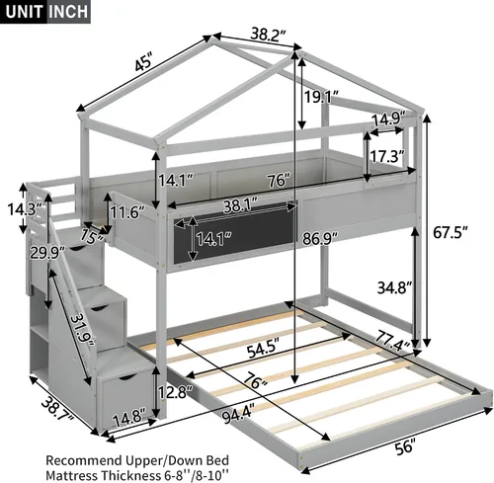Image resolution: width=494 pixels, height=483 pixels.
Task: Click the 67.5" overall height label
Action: (x=451, y=233)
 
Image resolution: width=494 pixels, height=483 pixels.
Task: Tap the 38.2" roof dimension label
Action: (x=267, y=34)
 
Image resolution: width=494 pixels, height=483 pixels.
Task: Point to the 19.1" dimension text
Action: (x=321, y=97)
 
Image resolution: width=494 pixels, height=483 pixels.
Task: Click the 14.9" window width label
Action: (x=388, y=119)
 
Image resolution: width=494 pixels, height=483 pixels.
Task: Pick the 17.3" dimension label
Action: (x=387, y=156)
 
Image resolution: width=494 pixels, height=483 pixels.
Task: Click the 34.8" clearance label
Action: (x=395, y=287)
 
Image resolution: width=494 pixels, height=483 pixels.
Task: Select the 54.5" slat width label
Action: (x=264, y=350)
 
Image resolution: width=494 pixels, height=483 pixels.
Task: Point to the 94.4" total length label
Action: (x=239, y=416)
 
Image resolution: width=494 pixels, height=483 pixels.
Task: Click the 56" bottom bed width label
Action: (x=404, y=446)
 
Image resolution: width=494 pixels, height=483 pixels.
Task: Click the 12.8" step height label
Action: (x=176, y=391)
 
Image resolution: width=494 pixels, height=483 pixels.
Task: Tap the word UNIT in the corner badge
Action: (x=25, y=12)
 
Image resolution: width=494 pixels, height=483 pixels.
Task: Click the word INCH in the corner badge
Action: (x=69, y=12)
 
